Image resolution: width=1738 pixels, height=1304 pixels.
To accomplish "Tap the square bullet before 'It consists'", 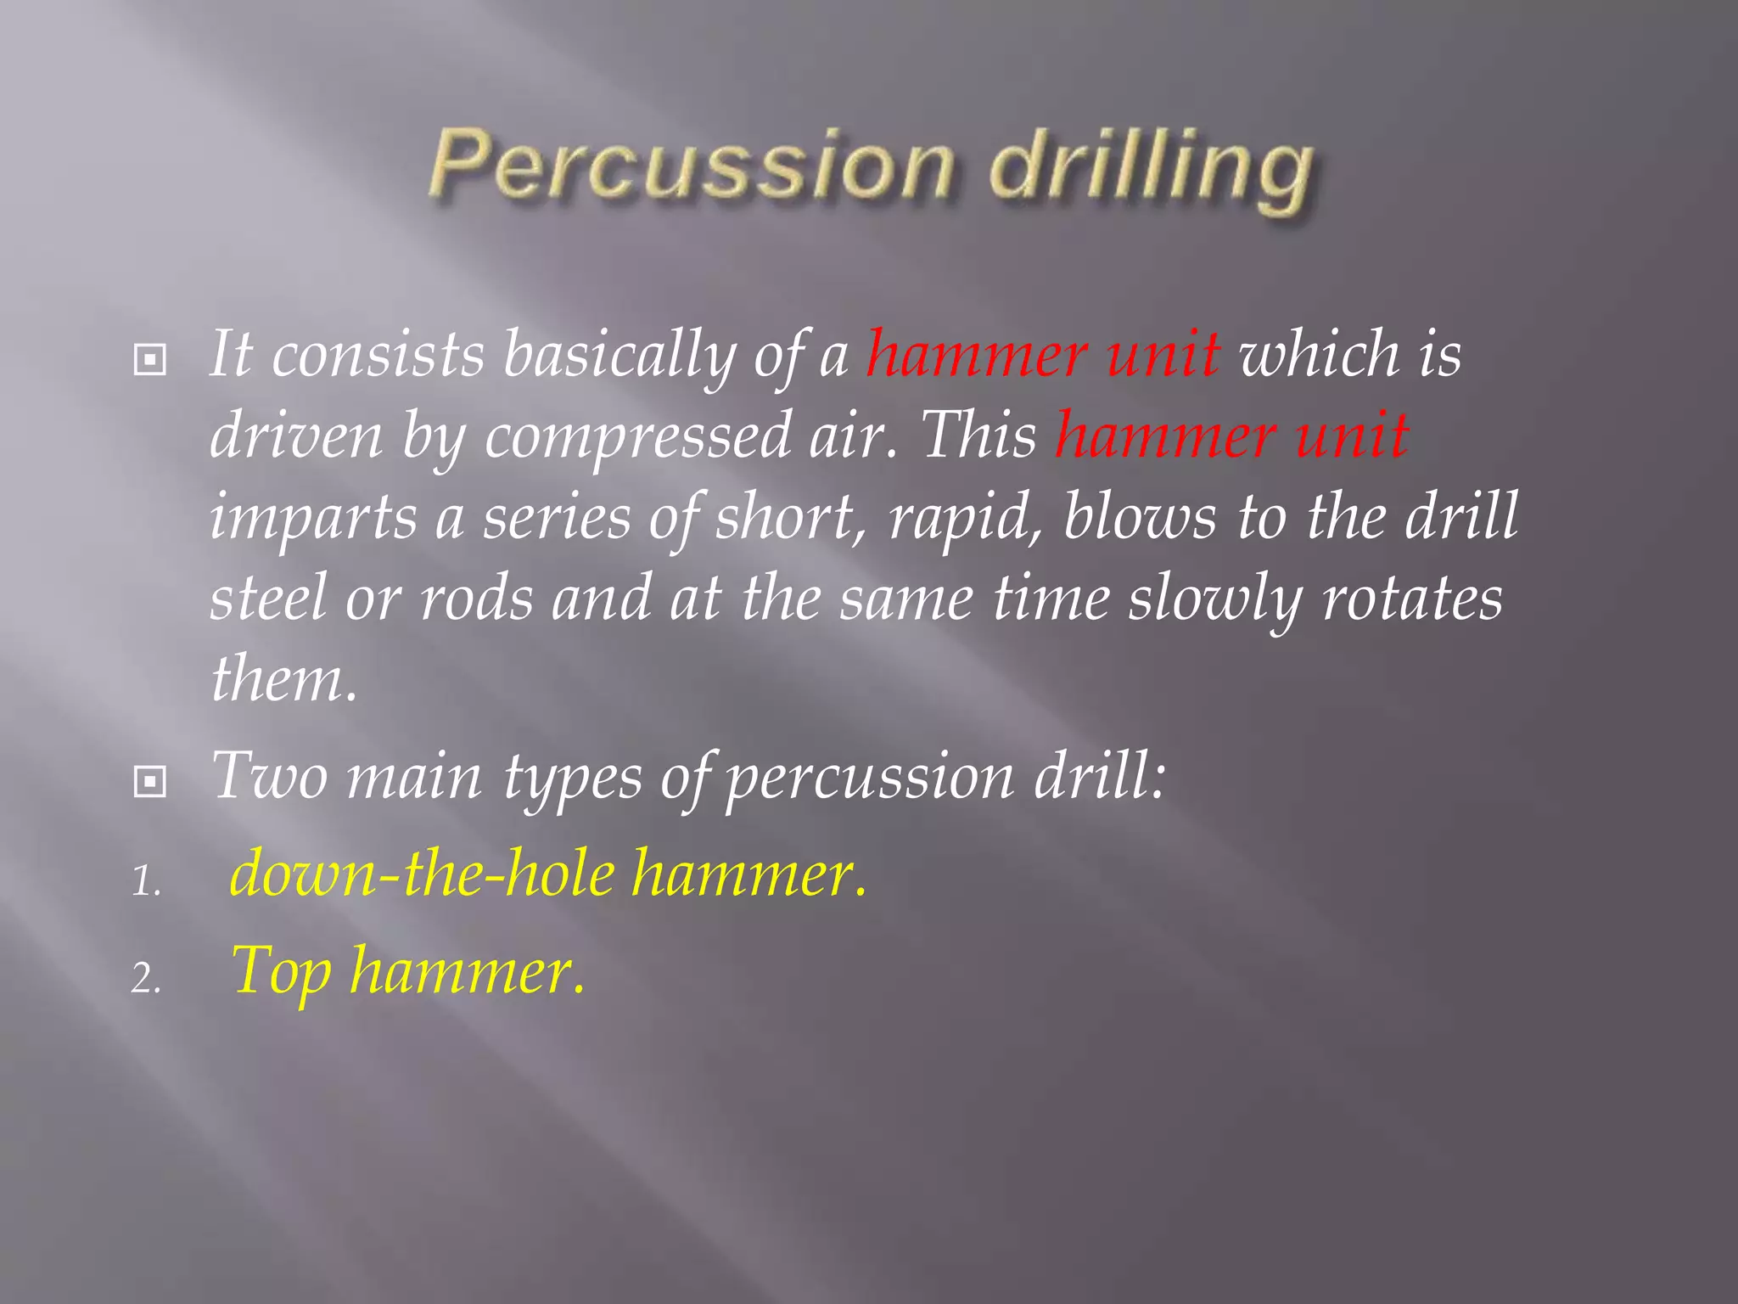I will pyautogui.click(x=150, y=360).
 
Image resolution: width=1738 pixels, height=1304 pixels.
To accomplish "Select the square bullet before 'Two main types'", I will pyautogui.click(x=150, y=781).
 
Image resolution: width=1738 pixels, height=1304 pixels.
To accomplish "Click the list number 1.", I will pyautogui.click(x=146, y=882).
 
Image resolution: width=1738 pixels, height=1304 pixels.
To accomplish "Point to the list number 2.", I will pyautogui.click(x=146, y=979).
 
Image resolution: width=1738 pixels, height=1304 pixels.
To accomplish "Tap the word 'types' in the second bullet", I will pyautogui.click(x=574, y=778).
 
